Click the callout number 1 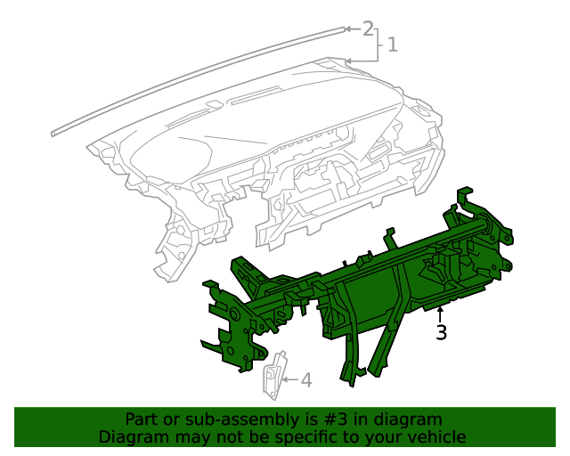(392, 44)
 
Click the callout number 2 (368, 28)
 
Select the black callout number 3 (441, 333)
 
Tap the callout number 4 (305, 380)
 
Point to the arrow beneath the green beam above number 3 (440, 313)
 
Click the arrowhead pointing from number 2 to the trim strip (347, 29)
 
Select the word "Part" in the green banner (141, 419)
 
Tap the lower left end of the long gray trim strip (54, 132)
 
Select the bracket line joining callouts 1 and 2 (381, 44)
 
